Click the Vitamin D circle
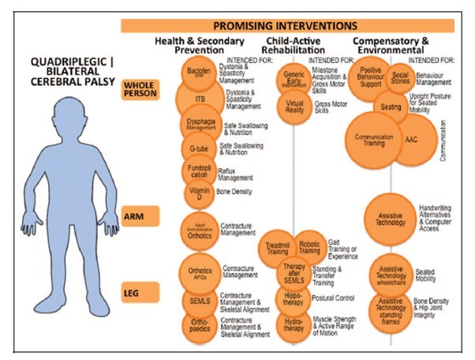tap(197, 192)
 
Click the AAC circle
tap(411, 139)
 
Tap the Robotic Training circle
tap(309, 248)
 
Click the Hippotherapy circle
tap(294, 298)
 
